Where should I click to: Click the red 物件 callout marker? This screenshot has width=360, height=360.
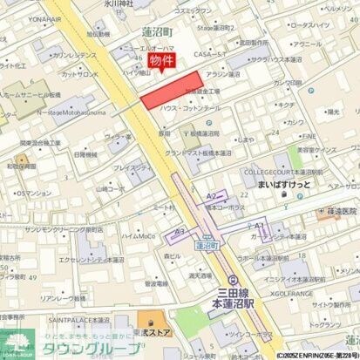161,61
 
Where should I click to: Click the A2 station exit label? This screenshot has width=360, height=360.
210,197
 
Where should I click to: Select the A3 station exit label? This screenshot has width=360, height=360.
180,231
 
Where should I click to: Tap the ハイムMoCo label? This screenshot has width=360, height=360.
139,236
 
